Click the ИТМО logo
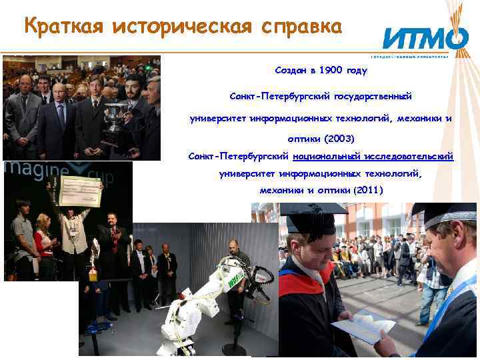click(424, 39)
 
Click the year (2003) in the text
click(339, 139)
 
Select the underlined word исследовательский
click(408, 156)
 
